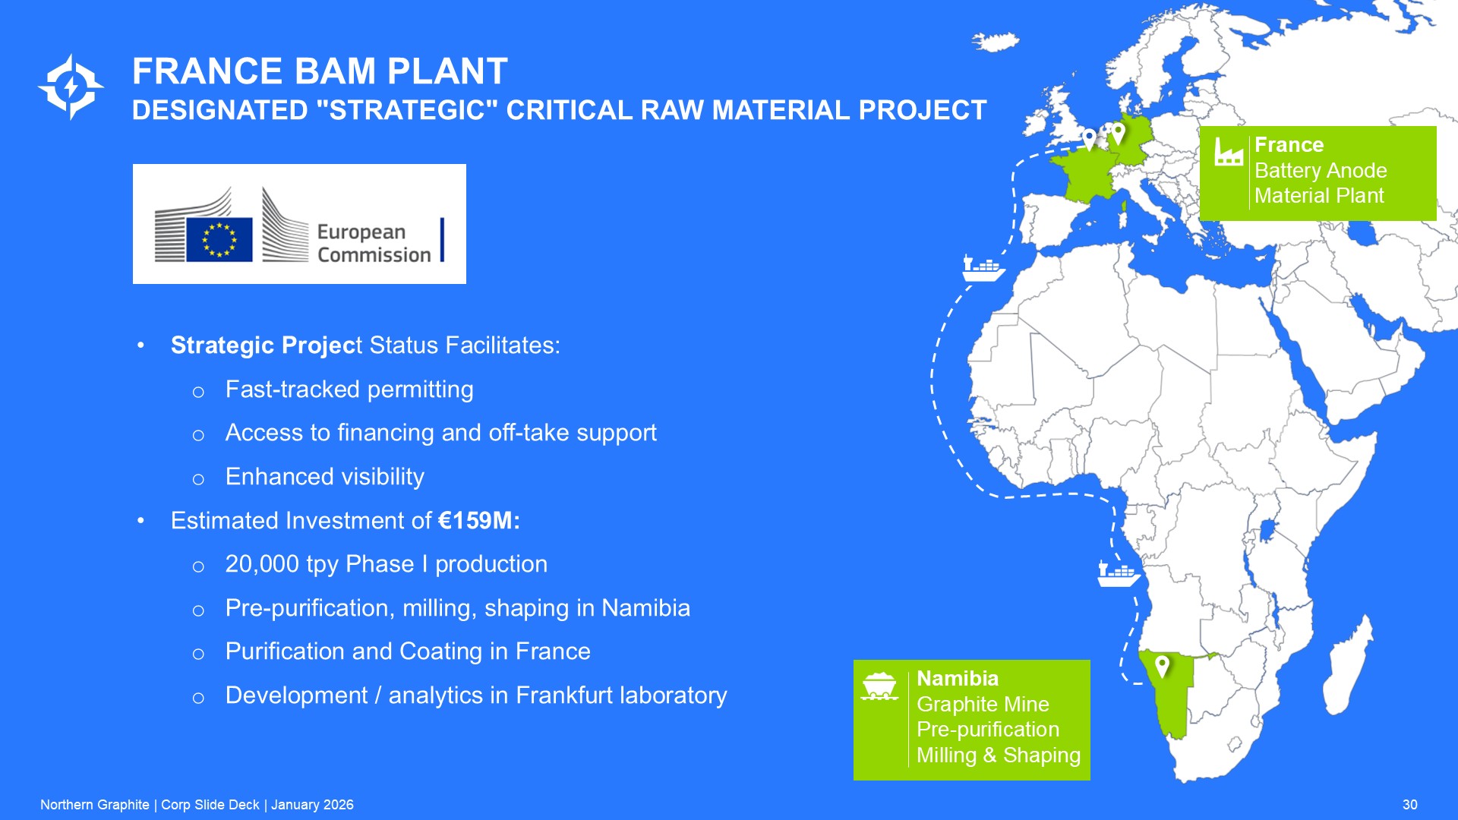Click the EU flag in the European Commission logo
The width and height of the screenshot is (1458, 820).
click(219, 239)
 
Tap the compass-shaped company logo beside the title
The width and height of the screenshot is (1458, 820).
click(71, 87)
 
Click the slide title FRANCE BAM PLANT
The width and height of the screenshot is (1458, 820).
click(320, 71)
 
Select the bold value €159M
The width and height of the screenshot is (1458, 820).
click(479, 521)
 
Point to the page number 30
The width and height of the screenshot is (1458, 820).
click(1409, 805)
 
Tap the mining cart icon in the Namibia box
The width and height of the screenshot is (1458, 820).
click(880, 686)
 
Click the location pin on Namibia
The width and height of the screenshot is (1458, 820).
click(1162, 667)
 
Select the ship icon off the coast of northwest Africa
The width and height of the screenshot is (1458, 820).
click(983, 268)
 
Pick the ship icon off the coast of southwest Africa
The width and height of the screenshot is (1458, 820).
click(1119, 573)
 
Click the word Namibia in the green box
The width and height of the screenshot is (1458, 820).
click(958, 679)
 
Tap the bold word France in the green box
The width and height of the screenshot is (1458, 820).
click(1289, 145)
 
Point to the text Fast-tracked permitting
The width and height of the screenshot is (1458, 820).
click(349, 390)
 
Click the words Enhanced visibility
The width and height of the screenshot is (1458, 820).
click(325, 477)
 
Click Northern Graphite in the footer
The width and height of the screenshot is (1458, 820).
click(95, 805)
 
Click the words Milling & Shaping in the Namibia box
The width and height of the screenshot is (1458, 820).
click(998, 755)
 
